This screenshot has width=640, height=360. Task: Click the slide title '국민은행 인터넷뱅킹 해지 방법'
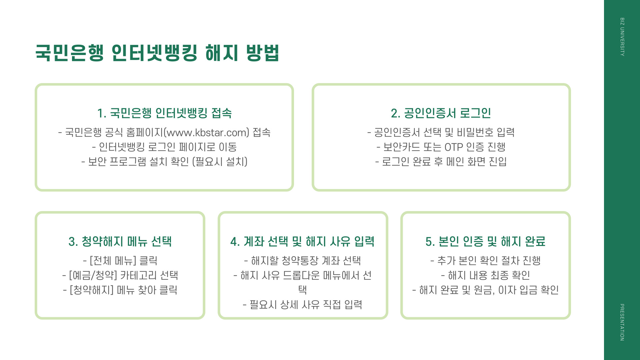point(157,53)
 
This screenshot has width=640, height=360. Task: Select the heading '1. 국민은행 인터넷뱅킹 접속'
point(164,113)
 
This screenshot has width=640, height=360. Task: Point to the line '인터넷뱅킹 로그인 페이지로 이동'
point(164,147)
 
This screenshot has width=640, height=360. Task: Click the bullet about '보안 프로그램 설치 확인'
point(164,162)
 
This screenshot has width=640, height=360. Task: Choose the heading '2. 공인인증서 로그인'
point(441,113)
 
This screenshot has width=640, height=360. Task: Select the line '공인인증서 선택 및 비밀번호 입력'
point(441,133)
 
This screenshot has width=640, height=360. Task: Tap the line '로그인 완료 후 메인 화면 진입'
point(441,162)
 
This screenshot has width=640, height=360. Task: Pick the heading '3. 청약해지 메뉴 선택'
point(120,241)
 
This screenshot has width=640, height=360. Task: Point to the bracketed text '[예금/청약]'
point(93,275)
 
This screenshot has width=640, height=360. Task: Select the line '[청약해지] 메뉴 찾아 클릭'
point(120,290)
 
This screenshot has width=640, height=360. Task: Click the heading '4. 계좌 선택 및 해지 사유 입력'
point(302,241)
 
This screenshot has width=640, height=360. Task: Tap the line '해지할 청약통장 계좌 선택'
point(302,261)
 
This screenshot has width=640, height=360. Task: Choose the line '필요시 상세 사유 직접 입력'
point(302,305)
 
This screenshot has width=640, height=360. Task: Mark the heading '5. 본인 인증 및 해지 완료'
point(485,241)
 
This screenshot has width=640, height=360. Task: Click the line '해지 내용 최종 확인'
point(485,275)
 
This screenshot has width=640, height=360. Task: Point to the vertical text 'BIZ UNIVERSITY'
point(622,37)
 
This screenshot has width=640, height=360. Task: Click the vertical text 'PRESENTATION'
point(622,322)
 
